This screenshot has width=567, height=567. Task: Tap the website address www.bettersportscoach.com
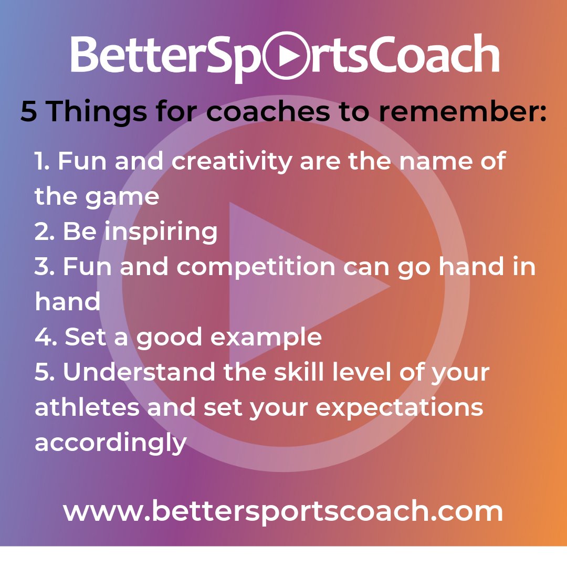tap(283, 511)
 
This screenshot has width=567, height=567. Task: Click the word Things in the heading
tap(98, 112)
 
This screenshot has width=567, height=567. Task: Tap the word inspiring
tap(161, 232)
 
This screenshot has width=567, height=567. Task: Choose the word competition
tap(256, 267)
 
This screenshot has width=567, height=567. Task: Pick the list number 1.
tap(41, 161)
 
